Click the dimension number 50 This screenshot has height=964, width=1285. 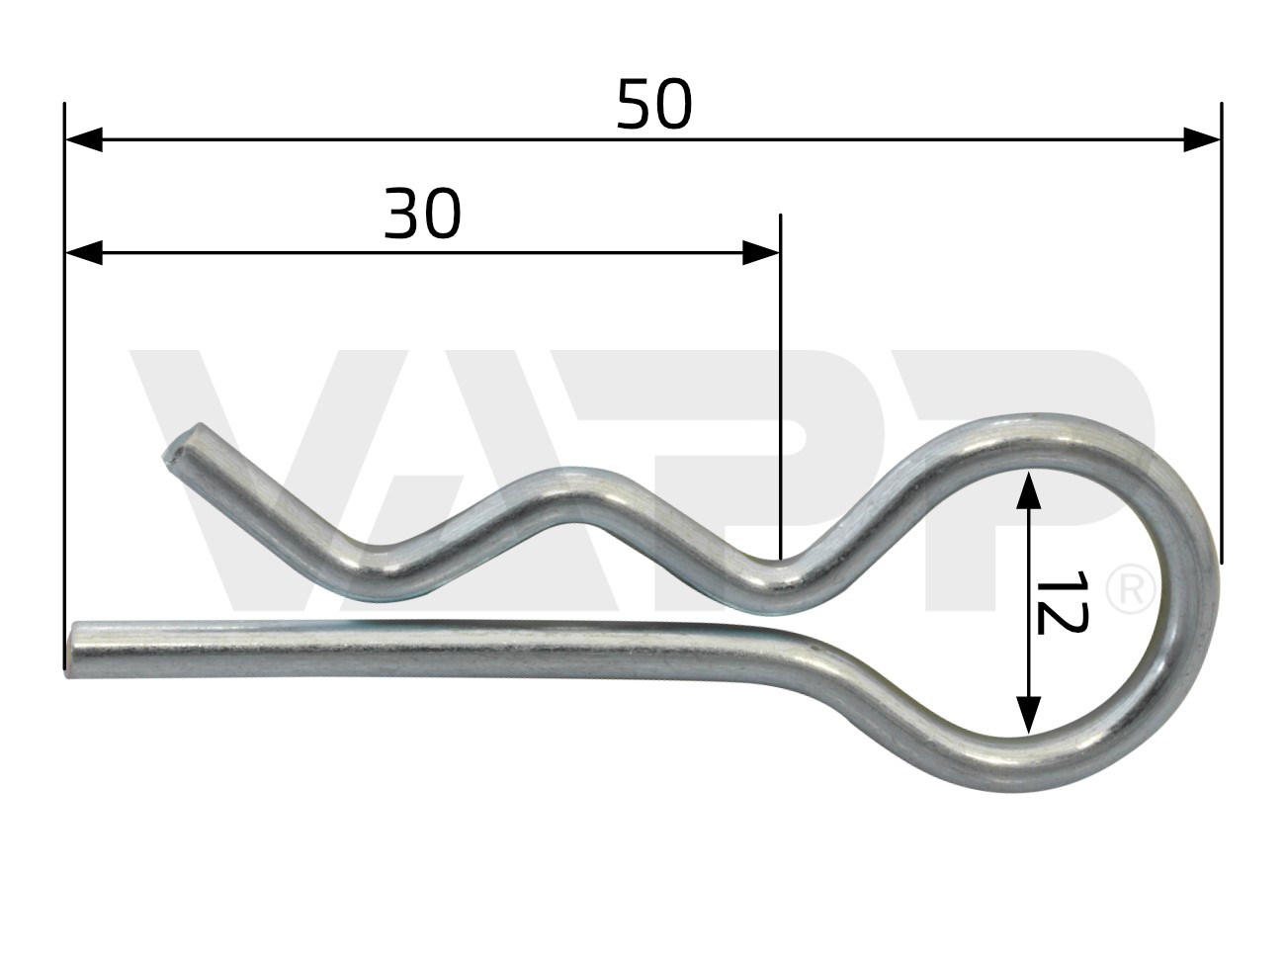[x=653, y=105]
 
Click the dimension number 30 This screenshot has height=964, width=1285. [x=422, y=214]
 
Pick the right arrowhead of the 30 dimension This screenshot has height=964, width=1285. [x=761, y=253]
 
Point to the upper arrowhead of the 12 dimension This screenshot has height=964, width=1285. [x=1028, y=490]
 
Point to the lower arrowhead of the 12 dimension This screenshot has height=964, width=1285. [x=1028, y=714]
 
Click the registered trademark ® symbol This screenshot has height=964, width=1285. [x=1130, y=590]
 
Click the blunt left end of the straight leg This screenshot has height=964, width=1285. [x=72, y=649]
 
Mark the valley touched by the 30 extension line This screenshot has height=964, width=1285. [x=781, y=583]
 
